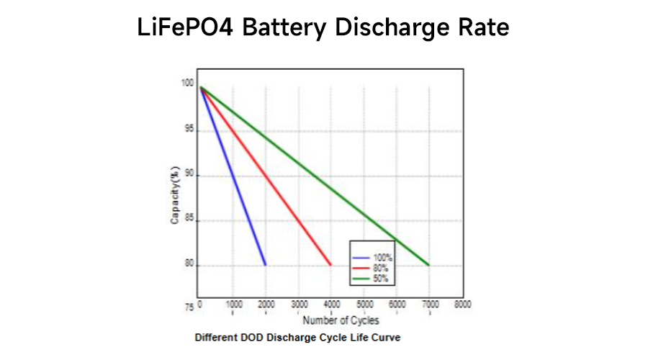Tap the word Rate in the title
[x=483, y=28]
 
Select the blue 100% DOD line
[x=233, y=176]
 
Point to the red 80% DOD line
[x=265, y=176]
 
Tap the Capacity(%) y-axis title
[x=174, y=195]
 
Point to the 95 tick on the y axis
[x=189, y=130]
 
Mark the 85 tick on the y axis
[x=189, y=220]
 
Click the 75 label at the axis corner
[x=189, y=307]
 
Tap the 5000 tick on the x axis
[x=365, y=305]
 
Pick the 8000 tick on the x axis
[x=463, y=305]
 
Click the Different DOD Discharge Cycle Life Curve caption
[x=297, y=337]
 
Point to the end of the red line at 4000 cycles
[x=331, y=265]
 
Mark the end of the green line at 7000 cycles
[x=429, y=265]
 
